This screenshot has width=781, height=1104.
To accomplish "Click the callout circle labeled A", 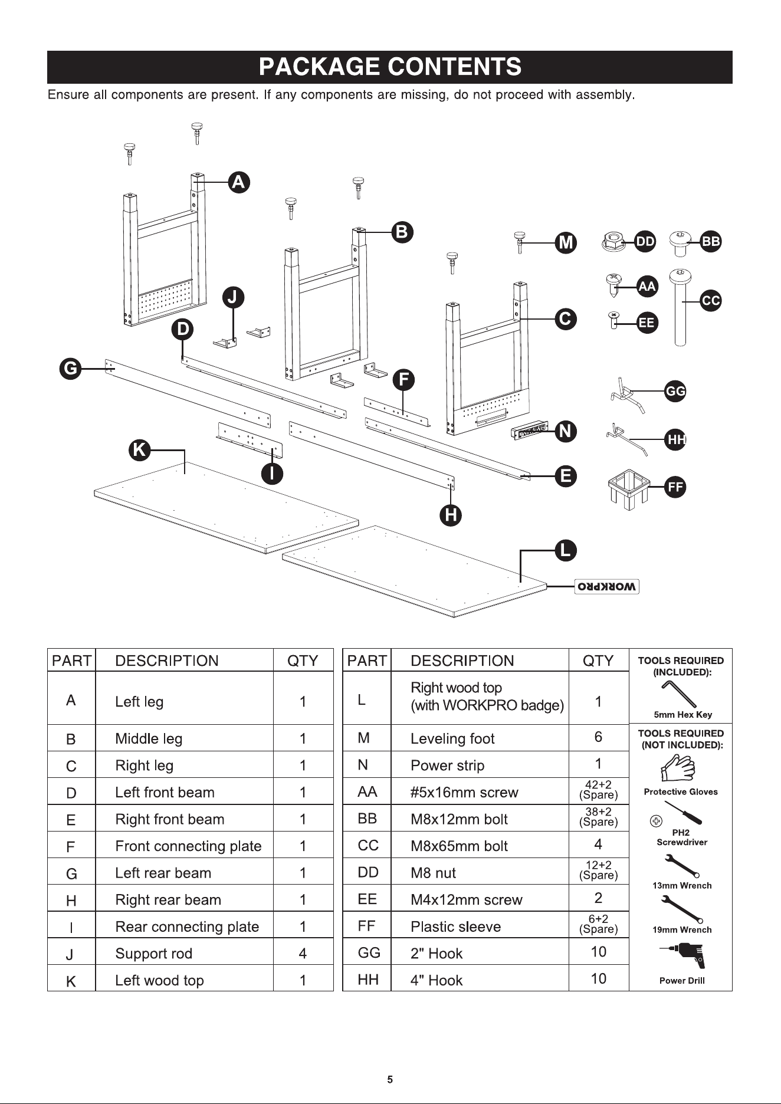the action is point(238,182).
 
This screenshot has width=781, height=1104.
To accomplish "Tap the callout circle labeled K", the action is point(139,451).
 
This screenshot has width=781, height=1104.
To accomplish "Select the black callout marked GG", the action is point(675,391).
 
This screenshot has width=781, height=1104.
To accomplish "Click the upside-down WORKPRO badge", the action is point(607,587).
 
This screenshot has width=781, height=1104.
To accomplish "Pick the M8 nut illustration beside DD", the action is point(613,242).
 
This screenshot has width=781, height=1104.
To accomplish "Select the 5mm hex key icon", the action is point(679,694).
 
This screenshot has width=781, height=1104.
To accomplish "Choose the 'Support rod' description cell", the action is point(184,954).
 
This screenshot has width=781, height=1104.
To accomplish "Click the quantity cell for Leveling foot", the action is point(598,737).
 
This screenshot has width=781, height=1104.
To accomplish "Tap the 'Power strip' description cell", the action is point(480,765).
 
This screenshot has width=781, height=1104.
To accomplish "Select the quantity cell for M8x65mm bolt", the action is point(598,845).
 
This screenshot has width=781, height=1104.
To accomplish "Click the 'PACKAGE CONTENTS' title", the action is point(390,67).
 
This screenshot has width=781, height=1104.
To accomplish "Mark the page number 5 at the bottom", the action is point(390,1080).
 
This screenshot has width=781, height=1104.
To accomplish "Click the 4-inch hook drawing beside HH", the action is point(627,438).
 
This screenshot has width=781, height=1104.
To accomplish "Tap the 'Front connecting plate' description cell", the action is point(184,846).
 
